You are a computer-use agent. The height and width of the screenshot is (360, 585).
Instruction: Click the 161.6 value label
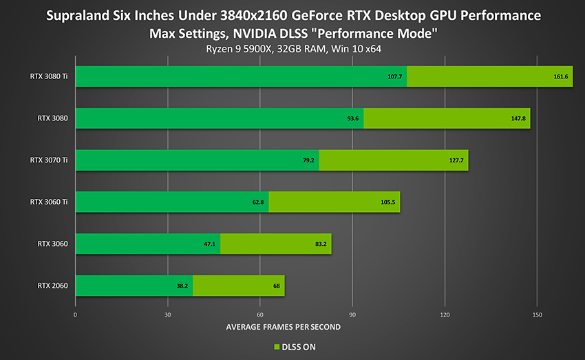click(561, 76)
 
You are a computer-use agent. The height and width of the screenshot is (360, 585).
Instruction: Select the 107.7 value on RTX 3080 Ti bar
click(395, 76)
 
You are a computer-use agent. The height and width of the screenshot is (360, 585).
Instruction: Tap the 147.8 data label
click(518, 118)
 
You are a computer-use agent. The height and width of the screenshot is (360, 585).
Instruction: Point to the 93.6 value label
click(352, 118)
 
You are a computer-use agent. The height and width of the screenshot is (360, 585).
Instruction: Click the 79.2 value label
click(308, 160)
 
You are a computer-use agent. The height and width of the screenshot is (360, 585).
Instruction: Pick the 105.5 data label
click(389, 202)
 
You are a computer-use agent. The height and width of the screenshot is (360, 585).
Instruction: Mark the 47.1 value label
click(210, 244)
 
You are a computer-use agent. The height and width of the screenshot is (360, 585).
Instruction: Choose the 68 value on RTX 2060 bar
click(275, 286)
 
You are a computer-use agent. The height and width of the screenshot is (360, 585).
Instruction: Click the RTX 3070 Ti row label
click(49, 160)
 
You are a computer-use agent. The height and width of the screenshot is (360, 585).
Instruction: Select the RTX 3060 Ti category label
click(49, 202)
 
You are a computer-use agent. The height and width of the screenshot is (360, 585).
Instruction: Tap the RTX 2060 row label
click(53, 286)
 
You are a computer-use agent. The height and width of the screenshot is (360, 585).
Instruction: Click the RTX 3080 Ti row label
click(49, 76)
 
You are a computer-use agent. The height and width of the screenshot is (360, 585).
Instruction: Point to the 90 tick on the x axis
click(352, 315)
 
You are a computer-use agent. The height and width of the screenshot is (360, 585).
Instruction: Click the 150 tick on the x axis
click(538, 315)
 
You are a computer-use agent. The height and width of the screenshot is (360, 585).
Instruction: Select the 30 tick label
click(167, 315)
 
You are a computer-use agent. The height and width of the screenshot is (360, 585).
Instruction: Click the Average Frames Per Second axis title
click(283, 327)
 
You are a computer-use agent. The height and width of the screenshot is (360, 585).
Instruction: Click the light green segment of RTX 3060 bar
click(275, 244)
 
